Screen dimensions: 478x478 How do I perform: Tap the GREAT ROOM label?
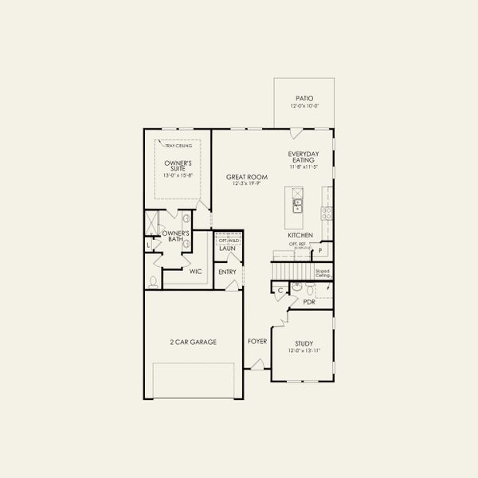click(x=246, y=177)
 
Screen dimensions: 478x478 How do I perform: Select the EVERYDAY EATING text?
click(x=304, y=155)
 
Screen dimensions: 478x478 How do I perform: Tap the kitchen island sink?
click(x=296, y=206)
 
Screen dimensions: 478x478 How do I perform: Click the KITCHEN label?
click(x=300, y=235)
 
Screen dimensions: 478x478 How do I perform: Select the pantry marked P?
click(x=320, y=251)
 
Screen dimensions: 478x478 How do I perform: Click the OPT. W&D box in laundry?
click(x=228, y=240)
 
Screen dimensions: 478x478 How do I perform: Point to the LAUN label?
click(x=228, y=249)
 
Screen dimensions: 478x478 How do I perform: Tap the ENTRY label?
click(x=228, y=272)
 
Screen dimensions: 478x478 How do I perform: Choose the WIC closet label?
click(x=195, y=272)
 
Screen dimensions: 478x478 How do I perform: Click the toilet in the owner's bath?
click(x=153, y=280)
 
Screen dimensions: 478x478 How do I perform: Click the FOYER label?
click(x=257, y=341)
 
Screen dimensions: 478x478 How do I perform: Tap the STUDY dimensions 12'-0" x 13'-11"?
click(x=302, y=351)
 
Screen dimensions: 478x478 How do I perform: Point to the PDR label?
click(x=309, y=302)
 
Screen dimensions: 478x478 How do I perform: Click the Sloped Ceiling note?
click(x=323, y=272)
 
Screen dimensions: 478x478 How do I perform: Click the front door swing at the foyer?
click(x=257, y=364)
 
